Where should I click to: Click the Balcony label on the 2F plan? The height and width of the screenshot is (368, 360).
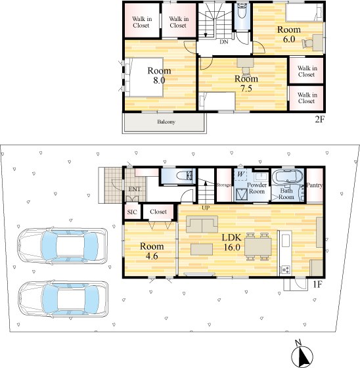click(166, 122)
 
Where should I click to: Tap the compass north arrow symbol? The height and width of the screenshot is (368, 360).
click(302, 354)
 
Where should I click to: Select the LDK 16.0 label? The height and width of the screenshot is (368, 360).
click(232, 242)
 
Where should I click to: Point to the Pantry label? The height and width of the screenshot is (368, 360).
click(315, 185)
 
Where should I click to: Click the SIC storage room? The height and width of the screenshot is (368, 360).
click(132, 212)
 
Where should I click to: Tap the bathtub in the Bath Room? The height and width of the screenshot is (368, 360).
click(288, 177)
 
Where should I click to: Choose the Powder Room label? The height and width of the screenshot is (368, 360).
click(257, 188)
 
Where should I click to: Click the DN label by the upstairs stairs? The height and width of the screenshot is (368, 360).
click(224, 42)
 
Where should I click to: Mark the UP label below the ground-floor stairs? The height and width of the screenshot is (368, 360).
click(206, 208)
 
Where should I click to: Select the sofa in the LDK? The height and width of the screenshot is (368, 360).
click(202, 224)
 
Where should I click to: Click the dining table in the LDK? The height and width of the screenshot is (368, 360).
click(258, 247)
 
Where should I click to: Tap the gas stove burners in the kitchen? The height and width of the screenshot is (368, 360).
click(286, 269)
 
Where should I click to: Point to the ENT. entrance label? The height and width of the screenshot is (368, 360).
click(135, 189)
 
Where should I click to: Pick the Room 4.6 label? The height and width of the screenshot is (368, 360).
click(152, 251)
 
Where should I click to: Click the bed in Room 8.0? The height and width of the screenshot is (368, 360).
click(144, 78)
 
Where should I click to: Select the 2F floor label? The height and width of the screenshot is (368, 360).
click(319, 120)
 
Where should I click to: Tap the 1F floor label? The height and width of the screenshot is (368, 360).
click(317, 285)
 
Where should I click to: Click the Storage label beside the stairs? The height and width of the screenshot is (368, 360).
click(223, 185)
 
